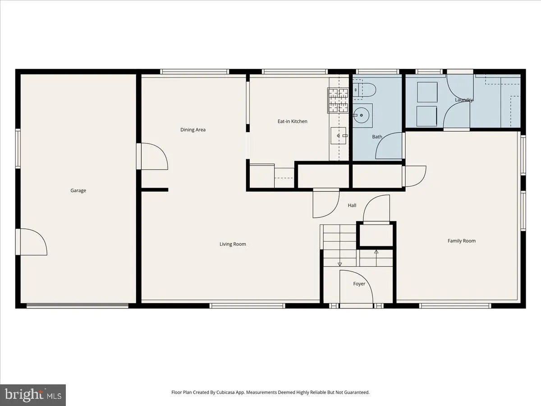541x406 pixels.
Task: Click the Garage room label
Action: (78, 190)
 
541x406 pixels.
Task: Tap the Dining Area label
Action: (193, 130)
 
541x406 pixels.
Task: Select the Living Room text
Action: (233, 244)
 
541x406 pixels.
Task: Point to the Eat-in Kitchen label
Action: (292, 121)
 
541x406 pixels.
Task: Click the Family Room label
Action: (461, 241)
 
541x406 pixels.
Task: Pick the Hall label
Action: (352, 206)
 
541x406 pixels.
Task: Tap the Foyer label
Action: (359, 284)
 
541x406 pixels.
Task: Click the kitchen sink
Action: (339, 135)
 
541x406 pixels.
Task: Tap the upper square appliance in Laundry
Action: (426, 92)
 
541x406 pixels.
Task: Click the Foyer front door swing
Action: (356, 289)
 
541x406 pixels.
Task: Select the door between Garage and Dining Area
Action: (153, 157)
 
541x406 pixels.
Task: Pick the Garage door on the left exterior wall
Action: (32, 242)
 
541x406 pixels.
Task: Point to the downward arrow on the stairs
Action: (340, 263)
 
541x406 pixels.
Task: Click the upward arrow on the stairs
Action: (376, 252)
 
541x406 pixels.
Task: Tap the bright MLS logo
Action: (33, 395)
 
